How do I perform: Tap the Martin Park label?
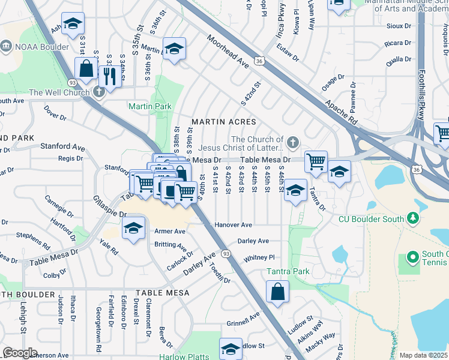(149, 106)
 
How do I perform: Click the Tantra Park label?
(289, 271)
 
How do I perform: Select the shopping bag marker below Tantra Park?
(278, 293)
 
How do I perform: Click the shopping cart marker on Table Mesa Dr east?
(316, 161)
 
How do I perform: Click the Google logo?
(20, 353)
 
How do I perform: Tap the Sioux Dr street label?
(399, 26)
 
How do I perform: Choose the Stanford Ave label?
(62, 146)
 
